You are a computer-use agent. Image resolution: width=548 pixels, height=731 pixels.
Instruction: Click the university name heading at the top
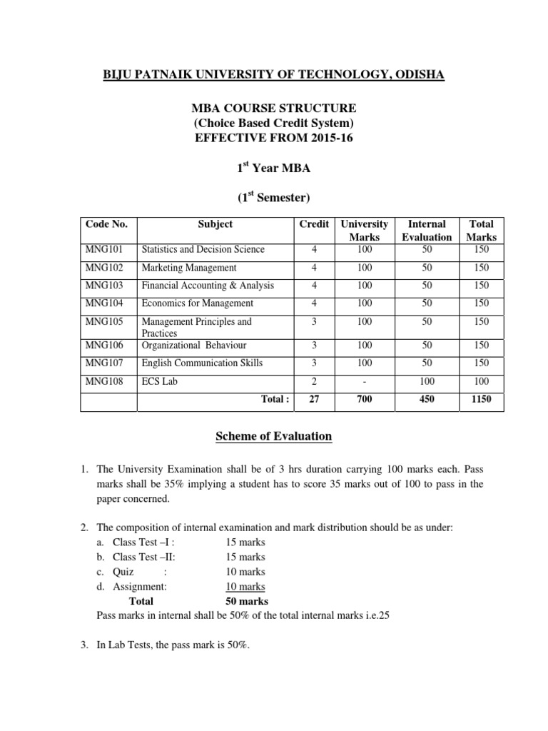click(x=274, y=74)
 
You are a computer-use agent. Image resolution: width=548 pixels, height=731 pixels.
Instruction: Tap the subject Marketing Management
click(x=188, y=268)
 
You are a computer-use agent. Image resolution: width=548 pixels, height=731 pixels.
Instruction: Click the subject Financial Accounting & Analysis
click(x=208, y=286)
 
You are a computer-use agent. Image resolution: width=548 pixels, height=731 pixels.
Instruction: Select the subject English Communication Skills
click(x=202, y=363)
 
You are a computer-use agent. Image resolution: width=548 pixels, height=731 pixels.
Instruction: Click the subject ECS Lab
click(x=159, y=382)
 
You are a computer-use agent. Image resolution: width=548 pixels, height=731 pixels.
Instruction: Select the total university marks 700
click(x=365, y=400)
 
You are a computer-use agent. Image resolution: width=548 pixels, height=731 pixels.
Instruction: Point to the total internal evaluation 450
click(x=427, y=400)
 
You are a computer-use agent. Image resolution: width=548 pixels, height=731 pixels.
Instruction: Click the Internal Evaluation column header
click(x=427, y=230)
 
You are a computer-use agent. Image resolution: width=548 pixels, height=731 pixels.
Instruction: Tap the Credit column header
click(x=313, y=224)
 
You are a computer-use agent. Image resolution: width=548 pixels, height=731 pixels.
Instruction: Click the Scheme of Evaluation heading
click(x=274, y=436)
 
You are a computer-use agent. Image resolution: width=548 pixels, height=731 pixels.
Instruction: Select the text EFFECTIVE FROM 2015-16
click(x=274, y=138)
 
